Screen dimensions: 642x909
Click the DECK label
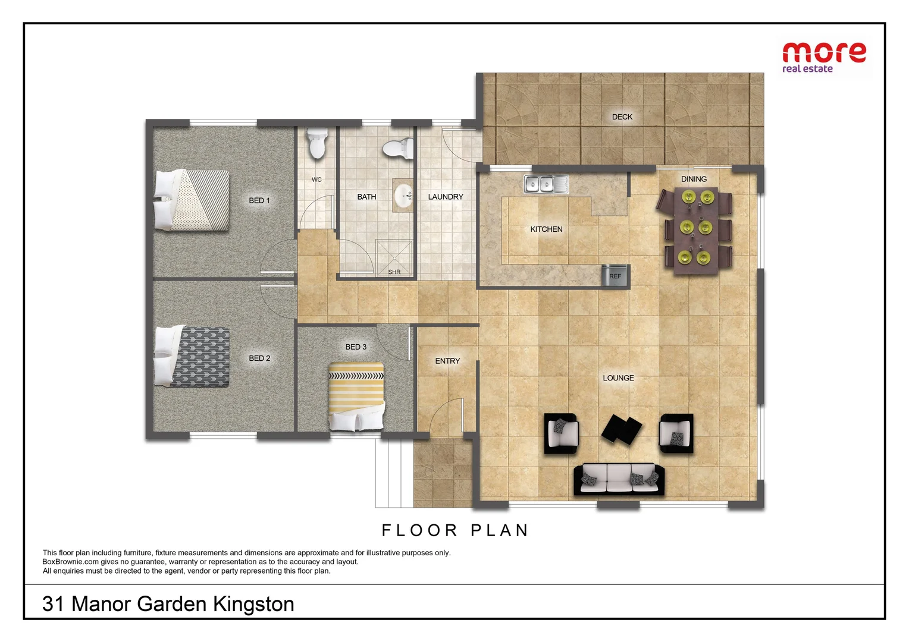[x=622, y=117]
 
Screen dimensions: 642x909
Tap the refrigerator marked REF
[x=615, y=276]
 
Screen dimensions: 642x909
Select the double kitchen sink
[x=546, y=184]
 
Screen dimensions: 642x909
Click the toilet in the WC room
[x=316, y=143]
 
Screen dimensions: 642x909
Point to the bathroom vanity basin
[x=404, y=196]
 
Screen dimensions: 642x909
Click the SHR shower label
[x=394, y=272]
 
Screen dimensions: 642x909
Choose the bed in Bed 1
[x=192, y=200]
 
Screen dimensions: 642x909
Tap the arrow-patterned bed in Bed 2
[x=192, y=357]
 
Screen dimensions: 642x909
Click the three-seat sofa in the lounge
[x=619, y=479]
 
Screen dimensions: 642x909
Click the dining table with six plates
[x=695, y=230]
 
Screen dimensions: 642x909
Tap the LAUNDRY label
[x=445, y=197]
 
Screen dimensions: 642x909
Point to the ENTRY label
[x=447, y=361]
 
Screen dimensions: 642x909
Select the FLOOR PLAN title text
[x=455, y=530]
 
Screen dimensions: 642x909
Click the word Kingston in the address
[x=253, y=604]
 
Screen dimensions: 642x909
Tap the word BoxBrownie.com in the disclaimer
[x=70, y=562]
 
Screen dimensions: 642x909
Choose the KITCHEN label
[x=546, y=229]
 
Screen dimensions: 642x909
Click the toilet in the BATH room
[x=398, y=148]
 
